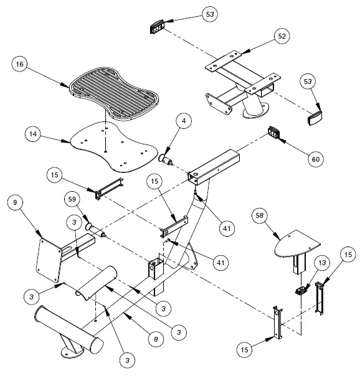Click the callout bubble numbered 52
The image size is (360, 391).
click(282, 37)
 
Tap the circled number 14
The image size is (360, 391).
click(35, 133)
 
